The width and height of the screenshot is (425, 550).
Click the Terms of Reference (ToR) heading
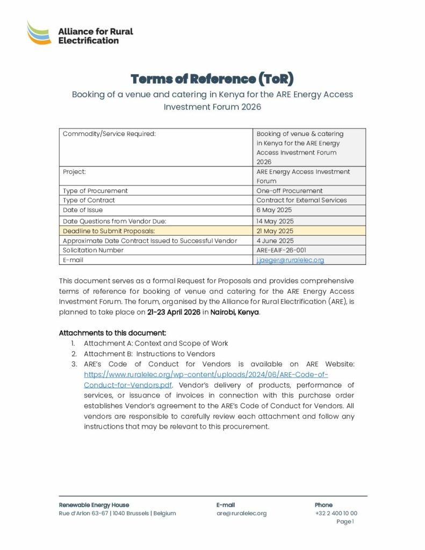[x=212, y=79]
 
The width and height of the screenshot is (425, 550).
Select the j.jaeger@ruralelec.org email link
[x=290, y=260]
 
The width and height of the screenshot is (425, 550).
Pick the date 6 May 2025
[x=274, y=210]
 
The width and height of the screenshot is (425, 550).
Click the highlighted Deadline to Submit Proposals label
[x=109, y=231]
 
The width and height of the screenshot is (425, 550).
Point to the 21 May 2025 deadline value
[x=275, y=231]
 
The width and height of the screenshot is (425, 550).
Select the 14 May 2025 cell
[x=275, y=221]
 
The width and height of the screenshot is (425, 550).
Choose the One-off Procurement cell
[x=290, y=191]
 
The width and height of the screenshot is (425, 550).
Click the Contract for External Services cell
[x=301, y=200]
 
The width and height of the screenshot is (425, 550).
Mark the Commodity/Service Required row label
[x=109, y=134]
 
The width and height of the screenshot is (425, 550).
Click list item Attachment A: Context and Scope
[x=156, y=343]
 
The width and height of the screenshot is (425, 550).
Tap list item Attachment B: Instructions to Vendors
[x=149, y=354]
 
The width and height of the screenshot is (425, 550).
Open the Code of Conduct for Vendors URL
[x=206, y=375]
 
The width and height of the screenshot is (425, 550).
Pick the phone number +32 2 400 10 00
[x=336, y=513]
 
